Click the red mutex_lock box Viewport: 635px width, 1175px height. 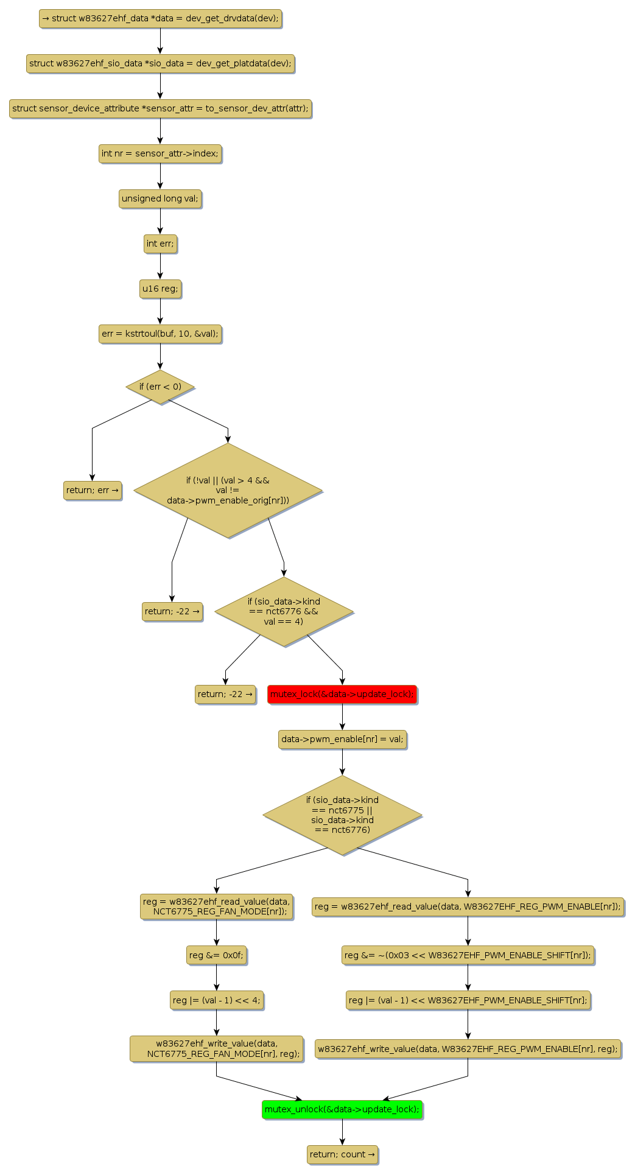click(x=342, y=694)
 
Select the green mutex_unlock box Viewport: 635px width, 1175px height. click(x=342, y=1109)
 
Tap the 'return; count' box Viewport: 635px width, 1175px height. click(x=342, y=1154)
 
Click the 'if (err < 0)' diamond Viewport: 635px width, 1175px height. click(x=160, y=387)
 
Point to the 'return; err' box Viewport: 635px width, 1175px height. click(x=93, y=490)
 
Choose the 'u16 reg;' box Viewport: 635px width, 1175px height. click(x=160, y=289)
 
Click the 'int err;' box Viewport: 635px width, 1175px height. click(x=160, y=244)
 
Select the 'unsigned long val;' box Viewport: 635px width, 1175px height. click(x=160, y=198)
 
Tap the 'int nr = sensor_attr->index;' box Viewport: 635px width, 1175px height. click(x=160, y=153)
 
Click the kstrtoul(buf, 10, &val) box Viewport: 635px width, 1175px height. click(x=160, y=334)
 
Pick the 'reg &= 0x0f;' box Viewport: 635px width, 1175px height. click(x=216, y=955)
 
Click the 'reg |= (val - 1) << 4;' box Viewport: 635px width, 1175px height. click(x=216, y=1000)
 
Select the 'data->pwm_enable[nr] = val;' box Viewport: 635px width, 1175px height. click(x=342, y=739)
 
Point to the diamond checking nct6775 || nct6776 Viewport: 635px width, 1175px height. click(x=342, y=815)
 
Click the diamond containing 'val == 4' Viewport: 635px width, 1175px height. click(x=284, y=611)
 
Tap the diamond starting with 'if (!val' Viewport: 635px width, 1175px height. click(x=228, y=490)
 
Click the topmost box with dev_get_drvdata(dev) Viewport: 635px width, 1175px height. click(x=160, y=18)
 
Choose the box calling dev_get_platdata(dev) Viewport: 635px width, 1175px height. click(x=160, y=63)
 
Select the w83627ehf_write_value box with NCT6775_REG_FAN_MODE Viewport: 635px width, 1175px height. click(x=216, y=1048)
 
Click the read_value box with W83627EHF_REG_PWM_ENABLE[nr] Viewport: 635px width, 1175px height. click(x=468, y=907)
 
